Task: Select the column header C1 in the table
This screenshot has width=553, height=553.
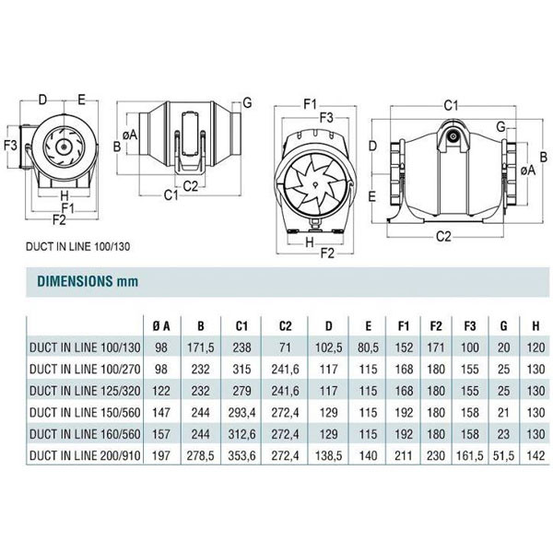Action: click(x=241, y=325)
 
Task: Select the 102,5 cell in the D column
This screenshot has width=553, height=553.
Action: click(x=330, y=347)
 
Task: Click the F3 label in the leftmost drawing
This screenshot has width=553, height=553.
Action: click(x=11, y=146)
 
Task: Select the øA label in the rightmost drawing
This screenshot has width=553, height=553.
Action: click(x=527, y=171)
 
